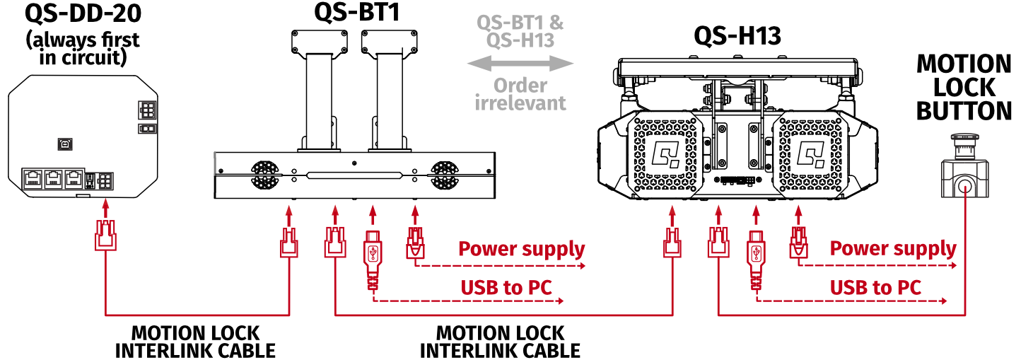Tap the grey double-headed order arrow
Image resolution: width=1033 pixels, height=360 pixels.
520,64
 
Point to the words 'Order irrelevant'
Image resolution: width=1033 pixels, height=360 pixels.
520,94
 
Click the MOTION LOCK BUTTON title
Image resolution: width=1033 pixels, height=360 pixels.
964,88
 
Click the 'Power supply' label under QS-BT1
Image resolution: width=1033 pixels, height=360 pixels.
522,249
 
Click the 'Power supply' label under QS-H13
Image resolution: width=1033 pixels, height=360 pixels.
893,249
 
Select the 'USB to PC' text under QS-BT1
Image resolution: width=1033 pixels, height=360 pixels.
506,287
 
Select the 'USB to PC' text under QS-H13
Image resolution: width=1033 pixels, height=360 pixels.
876,287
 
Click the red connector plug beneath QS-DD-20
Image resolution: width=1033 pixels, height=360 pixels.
105,236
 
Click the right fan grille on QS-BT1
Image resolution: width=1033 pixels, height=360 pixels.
444,174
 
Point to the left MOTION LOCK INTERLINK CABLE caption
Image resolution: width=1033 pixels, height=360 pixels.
196,341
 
